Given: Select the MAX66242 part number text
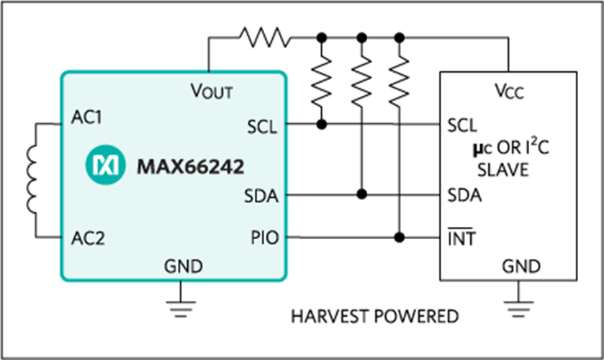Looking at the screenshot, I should click(190, 166).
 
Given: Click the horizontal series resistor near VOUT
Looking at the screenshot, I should click(264, 36).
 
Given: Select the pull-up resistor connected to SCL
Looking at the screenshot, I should click(321, 80).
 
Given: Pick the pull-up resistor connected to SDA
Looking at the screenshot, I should click(362, 80).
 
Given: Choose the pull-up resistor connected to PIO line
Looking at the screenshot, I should click(400, 80).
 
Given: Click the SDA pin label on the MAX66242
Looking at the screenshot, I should click(260, 195).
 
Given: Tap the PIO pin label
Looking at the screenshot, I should click(262, 238).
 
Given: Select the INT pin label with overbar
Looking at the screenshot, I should click(461, 238).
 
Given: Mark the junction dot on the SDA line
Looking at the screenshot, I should click(362, 194).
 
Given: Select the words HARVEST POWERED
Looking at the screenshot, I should click(374, 316).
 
